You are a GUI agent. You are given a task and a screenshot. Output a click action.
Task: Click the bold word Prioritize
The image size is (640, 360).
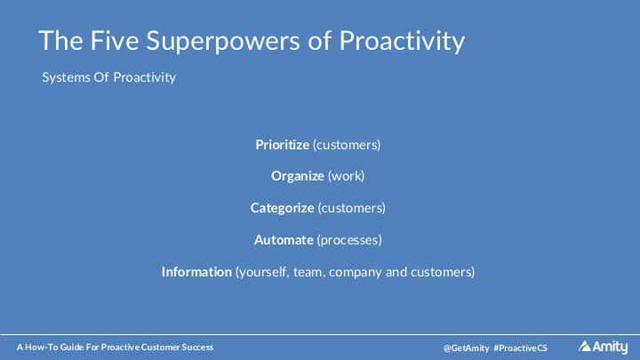(x=282, y=144)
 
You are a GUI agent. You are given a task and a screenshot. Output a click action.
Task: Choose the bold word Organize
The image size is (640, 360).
(x=298, y=176)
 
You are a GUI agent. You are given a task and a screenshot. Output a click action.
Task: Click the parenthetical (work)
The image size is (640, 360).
(x=347, y=176)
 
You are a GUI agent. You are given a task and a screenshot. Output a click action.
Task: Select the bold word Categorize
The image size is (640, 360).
(x=282, y=208)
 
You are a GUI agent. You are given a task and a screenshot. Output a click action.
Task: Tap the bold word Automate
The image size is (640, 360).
(x=284, y=240)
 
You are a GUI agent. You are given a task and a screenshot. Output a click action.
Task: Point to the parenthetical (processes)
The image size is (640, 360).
(x=352, y=240)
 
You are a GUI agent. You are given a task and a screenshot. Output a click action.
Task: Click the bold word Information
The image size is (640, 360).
(x=196, y=272)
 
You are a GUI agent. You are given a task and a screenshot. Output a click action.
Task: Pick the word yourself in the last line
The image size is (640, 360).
(x=262, y=272)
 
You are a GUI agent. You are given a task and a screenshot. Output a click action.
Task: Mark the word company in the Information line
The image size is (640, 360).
(x=356, y=272)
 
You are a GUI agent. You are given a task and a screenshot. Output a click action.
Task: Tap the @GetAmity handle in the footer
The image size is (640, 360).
(x=466, y=347)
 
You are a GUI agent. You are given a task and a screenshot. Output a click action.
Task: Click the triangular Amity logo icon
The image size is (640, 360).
(x=585, y=346)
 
